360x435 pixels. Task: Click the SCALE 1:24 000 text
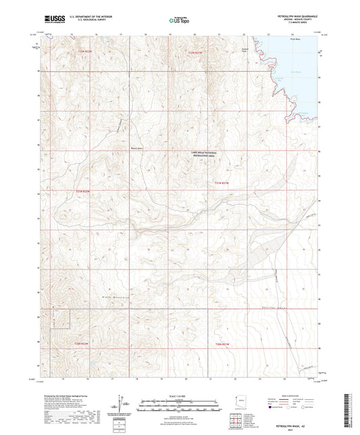coord(180,395)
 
